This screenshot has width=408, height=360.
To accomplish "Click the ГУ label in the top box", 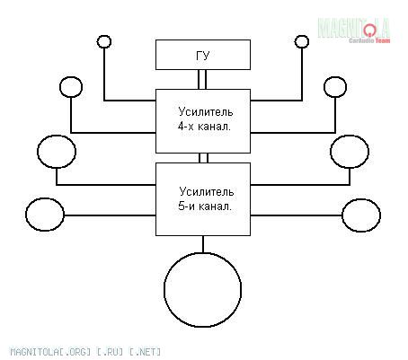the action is [x=203, y=56].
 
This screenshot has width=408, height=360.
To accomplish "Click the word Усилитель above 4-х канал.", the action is [x=206, y=112].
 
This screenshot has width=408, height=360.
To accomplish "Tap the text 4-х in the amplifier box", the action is [x=186, y=127].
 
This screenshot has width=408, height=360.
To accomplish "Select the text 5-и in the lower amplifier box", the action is [x=186, y=206].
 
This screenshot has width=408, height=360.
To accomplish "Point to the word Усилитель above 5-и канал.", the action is [x=207, y=191].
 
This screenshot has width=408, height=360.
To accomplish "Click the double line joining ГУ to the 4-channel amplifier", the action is [x=202, y=79].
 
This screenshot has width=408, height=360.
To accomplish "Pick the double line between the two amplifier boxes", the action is [x=203, y=158].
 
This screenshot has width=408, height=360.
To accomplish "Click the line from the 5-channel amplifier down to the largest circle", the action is [x=203, y=244].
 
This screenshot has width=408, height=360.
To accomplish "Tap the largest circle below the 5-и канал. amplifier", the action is [x=203, y=289].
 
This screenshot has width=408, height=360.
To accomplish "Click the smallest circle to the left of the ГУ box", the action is [x=104, y=41].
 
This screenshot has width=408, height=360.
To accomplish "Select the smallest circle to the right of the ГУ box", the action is [x=302, y=41].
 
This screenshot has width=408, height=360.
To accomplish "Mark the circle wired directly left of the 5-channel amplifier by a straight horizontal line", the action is [x=45, y=215].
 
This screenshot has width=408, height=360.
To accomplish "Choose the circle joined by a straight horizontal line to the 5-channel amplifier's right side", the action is [x=361, y=215].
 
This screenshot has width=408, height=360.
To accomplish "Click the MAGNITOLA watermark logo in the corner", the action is [x=354, y=28].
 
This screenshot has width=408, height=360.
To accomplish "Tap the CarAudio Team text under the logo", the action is [x=369, y=40].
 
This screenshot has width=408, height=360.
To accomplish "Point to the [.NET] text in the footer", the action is [x=145, y=352].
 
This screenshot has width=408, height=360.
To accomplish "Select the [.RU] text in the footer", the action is [x=110, y=352].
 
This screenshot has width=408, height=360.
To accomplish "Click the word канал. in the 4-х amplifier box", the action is [x=215, y=127].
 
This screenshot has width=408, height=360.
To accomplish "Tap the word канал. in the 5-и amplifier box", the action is [x=215, y=206].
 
